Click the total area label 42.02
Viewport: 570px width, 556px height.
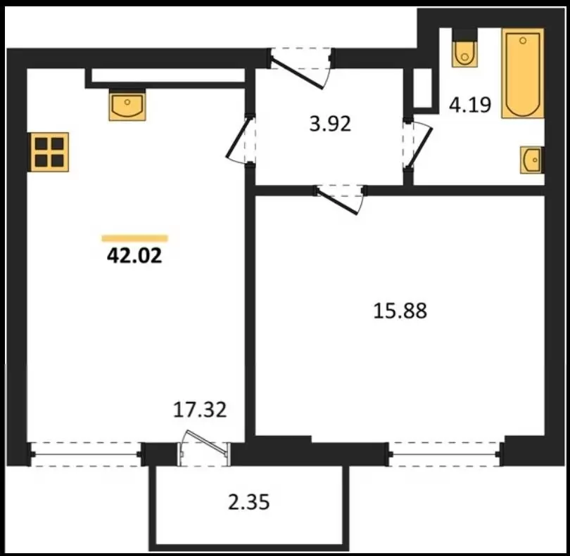tap(134, 256)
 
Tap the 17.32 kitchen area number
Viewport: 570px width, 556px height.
tap(200, 410)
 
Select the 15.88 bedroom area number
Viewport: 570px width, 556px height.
tap(400, 311)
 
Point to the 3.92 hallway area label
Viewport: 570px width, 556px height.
tap(330, 124)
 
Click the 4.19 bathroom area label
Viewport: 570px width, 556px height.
tap(470, 105)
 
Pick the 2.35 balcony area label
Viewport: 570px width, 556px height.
tap(249, 503)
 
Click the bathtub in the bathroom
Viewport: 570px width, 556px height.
tap(523, 73)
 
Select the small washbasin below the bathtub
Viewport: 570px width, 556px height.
tap(531, 160)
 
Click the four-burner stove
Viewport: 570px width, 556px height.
tap(49, 152)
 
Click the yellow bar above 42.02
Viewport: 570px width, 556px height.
tap(135, 238)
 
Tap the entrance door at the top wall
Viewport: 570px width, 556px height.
tap(300, 69)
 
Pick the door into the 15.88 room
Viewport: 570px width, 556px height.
tap(341, 200)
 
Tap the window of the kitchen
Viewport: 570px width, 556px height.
tap(86, 454)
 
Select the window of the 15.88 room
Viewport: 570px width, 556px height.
tap(445, 454)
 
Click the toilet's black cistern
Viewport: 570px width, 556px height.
tap(464, 34)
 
